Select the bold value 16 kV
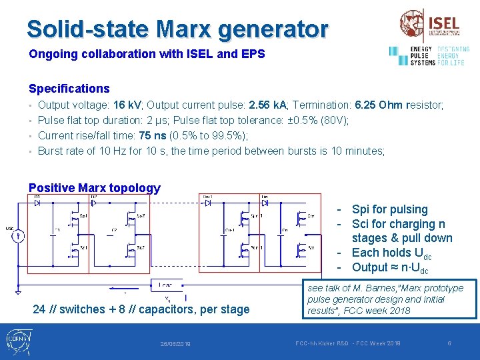coord(127,105)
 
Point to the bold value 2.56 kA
coord(267,105)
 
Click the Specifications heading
coord(69,89)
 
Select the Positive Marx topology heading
coord(95,188)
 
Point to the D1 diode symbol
coord(37,202)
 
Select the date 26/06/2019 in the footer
coord(175,344)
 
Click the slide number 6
coord(450,343)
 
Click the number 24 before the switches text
coord(39,309)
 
